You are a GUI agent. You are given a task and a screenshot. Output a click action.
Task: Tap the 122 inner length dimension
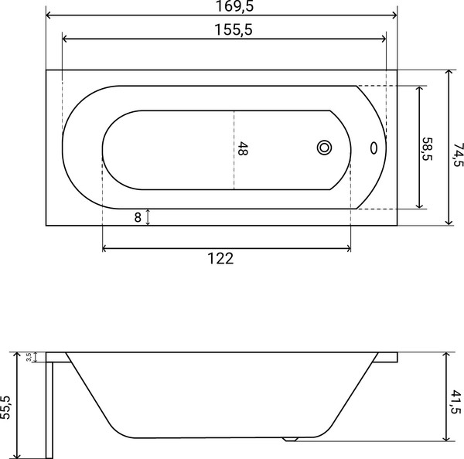pos(220,259)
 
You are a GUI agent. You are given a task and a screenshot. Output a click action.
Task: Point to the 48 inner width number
pos(243,149)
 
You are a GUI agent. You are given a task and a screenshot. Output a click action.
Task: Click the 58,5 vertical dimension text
pos(427,148)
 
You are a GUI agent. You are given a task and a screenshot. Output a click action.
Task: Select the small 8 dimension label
pos(138,217)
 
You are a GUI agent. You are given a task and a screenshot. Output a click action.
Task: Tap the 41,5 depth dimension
pos(456,403)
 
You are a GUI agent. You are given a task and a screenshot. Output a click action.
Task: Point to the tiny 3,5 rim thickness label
pos(29,357)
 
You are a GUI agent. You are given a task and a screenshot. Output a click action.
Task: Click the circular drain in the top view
pos(324,147)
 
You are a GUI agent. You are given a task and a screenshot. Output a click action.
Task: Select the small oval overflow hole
pos(374,147)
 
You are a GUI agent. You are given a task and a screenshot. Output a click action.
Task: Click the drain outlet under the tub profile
pos(291,440)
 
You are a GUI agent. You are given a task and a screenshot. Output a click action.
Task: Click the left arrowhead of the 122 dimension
pos(105,249)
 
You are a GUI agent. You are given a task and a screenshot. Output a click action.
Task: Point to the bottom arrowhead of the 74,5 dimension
pos(449,222)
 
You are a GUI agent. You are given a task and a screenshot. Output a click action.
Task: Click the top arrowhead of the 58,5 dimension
pos(420,88)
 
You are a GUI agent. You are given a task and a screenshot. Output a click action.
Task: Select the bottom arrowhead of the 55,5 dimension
pos(17,456)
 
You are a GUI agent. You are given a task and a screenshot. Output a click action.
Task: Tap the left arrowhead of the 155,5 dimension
pos(64,39)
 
